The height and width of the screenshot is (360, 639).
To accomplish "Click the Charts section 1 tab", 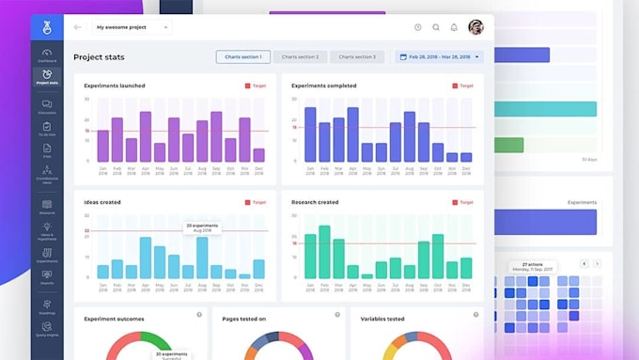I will [243, 57].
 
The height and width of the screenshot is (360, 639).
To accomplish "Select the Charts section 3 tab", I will [357, 57].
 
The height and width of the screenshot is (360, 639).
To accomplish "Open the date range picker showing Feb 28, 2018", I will [439, 57].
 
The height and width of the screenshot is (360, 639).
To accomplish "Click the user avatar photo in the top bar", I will [475, 27].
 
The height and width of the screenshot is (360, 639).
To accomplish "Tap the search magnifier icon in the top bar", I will [436, 27].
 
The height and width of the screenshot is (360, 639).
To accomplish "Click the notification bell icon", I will [454, 27].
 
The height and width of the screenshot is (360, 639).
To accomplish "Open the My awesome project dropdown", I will [132, 27].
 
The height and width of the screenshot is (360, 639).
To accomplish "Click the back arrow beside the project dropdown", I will [77, 27].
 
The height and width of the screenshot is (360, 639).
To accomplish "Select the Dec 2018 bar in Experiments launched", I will [258, 155].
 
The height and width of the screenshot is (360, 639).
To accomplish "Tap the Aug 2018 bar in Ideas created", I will [202, 258].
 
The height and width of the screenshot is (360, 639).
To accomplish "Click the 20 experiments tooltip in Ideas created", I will [202, 227].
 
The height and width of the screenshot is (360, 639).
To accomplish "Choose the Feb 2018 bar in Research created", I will [325, 252].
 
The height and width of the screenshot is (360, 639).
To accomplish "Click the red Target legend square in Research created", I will [454, 202].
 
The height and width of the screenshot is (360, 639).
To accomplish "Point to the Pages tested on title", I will [243, 319].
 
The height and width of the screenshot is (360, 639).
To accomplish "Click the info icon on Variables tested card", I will [475, 315].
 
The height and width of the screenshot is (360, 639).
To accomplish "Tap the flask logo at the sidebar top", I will [46, 28].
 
